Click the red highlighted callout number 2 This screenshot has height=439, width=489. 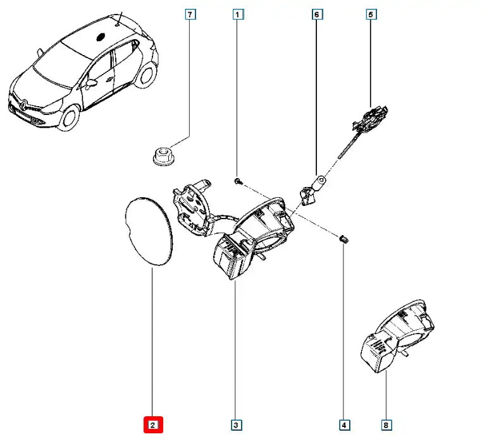pos(153,425)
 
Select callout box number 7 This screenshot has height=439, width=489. pos(189,13)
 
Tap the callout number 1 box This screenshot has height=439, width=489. pos(236,13)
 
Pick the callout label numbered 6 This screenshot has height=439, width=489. pos(316,13)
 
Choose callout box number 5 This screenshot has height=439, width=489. pos(371,13)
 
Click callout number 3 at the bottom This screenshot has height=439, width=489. pos(235,425)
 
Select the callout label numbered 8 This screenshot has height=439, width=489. pos(386,425)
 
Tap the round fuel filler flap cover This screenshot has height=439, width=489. pos(149,231)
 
